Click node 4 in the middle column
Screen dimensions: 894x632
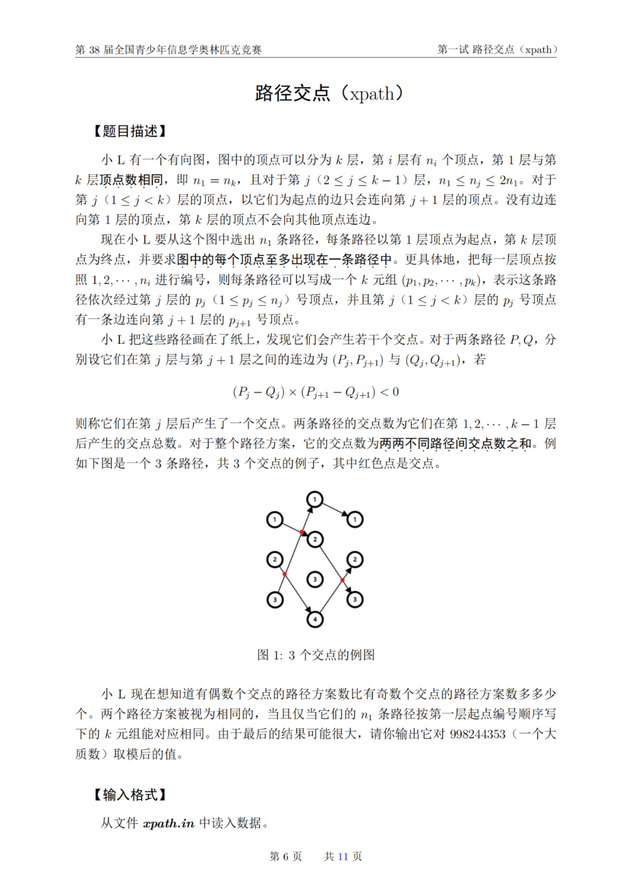click(315, 619)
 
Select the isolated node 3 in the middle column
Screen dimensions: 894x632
click(315, 579)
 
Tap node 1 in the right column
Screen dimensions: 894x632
click(355, 519)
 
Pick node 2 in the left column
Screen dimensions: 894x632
click(275, 559)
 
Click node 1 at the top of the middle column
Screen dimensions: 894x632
click(315, 499)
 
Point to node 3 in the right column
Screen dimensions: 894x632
click(355, 599)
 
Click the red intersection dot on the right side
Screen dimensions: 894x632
click(342, 580)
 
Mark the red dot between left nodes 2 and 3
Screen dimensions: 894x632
click(285, 574)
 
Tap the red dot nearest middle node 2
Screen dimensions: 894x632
click(302, 532)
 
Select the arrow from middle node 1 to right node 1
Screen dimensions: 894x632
click(335, 509)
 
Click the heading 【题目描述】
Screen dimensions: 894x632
click(130, 131)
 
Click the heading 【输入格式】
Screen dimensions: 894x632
click(130, 794)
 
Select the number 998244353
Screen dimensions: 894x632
click(478, 734)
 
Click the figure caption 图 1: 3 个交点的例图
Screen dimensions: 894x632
click(316, 655)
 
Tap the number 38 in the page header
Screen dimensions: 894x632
click(94, 50)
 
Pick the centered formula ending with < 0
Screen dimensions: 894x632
click(316, 392)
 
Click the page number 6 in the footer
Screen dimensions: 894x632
click(286, 857)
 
